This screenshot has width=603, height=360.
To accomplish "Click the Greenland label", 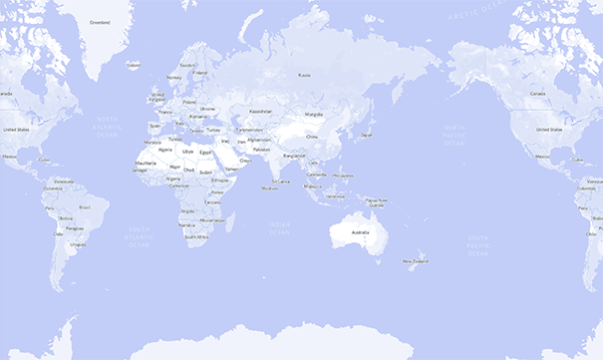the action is (100, 21).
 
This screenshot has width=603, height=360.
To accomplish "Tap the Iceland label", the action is (134, 65).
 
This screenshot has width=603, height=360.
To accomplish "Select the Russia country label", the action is (305, 73).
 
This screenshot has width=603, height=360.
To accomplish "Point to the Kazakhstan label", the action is (260, 112).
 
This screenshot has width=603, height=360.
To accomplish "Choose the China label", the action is (311, 137).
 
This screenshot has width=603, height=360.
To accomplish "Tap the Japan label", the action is (366, 135).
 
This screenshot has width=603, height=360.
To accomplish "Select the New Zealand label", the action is (415, 261).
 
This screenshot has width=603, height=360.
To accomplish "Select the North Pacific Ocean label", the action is (453, 136).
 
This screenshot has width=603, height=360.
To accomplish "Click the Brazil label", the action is (85, 206).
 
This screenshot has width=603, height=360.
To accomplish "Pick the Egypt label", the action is (206, 151).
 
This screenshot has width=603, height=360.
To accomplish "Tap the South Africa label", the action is (196, 239).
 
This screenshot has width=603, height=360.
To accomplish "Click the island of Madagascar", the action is (228, 221).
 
